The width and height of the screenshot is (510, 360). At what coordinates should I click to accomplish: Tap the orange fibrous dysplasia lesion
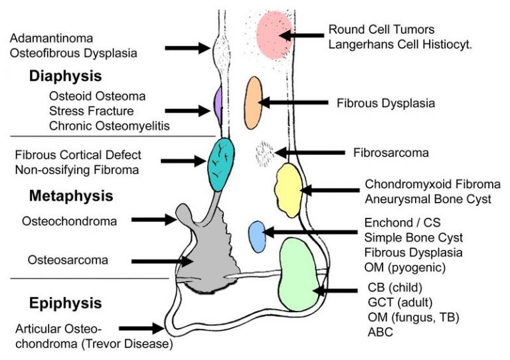[253, 102]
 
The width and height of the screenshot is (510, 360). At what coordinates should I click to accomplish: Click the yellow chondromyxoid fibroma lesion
[288, 190]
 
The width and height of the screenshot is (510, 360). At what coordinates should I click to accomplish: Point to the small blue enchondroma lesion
[257, 236]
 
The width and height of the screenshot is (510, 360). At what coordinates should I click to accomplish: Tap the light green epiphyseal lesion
[299, 274]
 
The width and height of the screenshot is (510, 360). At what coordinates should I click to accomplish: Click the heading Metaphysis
[71, 196]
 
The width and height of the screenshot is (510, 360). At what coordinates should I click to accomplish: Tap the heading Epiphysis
[65, 304]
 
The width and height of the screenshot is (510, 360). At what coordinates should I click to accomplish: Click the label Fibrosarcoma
[390, 153]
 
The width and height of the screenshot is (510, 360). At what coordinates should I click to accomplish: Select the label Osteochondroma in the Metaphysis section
[68, 221]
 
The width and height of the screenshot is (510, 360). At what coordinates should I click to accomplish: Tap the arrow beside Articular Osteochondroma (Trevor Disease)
[141, 328]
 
